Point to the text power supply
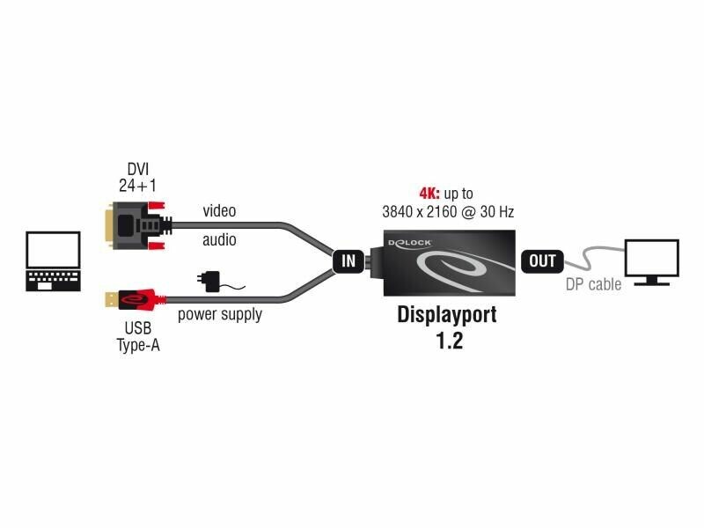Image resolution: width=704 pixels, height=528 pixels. (x=219, y=313)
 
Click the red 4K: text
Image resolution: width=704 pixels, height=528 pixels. (x=429, y=193)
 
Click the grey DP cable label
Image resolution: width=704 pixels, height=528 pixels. (x=593, y=284)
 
